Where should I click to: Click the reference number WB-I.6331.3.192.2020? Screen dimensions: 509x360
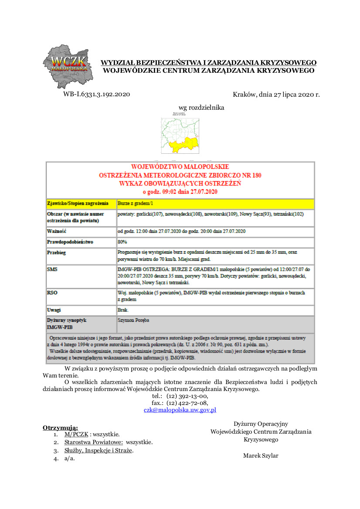96,94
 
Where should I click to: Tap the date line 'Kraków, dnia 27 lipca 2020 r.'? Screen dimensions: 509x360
276,94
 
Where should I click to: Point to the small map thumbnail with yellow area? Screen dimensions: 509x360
180,135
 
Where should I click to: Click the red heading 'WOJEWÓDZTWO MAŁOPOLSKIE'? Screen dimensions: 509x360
180,167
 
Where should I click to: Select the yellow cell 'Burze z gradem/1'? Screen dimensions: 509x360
135,203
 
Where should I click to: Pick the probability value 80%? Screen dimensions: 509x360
122,242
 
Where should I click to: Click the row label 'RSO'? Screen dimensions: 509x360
52,293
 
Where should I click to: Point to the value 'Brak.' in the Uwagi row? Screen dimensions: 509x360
123,310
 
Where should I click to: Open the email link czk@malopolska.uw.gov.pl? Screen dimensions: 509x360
180,410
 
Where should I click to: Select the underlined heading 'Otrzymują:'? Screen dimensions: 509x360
60,428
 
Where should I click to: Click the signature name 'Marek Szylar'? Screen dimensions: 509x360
261,455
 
